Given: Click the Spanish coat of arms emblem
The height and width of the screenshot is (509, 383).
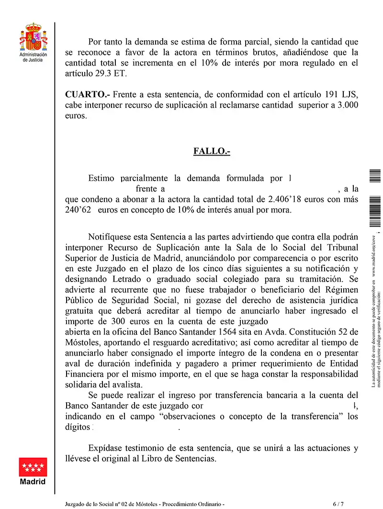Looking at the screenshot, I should pyautogui.click(x=33, y=38).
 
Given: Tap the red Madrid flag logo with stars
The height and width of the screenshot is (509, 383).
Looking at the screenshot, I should pyautogui.click(x=33, y=466).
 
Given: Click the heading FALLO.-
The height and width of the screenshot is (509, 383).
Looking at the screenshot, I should pyautogui.click(x=212, y=151).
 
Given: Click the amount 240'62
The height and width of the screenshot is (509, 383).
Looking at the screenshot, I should pyautogui.click(x=78, y=210).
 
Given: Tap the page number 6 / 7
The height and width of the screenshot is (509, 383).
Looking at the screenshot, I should pyautogui.click(x=338, y=504).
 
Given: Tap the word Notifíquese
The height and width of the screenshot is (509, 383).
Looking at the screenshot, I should pyautogui.click(x=113, y=237).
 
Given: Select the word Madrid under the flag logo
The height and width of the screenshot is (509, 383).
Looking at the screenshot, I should pyautogui.click(x=33, y=481).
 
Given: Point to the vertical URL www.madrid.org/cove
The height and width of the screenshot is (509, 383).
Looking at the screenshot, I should pyautogui.click(x=374, y=256).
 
